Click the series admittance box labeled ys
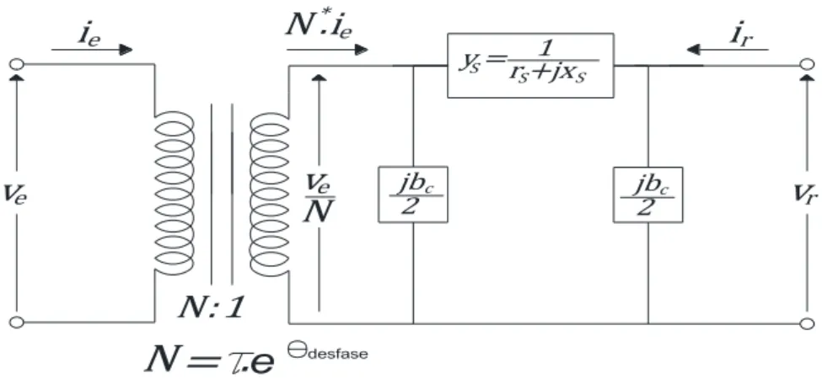click(530, 66)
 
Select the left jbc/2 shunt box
click(413, 195)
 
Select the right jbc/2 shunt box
click(648, 195)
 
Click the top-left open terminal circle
click(17, 64)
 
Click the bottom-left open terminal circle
click(17, 322)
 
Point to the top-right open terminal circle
click(808, 66)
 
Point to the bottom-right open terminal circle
click(808, 323)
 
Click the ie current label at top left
click(89, 35)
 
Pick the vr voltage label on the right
click(807, 195)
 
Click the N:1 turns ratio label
click(212, 308)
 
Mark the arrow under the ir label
click(728, 51)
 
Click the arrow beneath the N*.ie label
click(328, 51)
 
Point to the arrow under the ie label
click(92, 51)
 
